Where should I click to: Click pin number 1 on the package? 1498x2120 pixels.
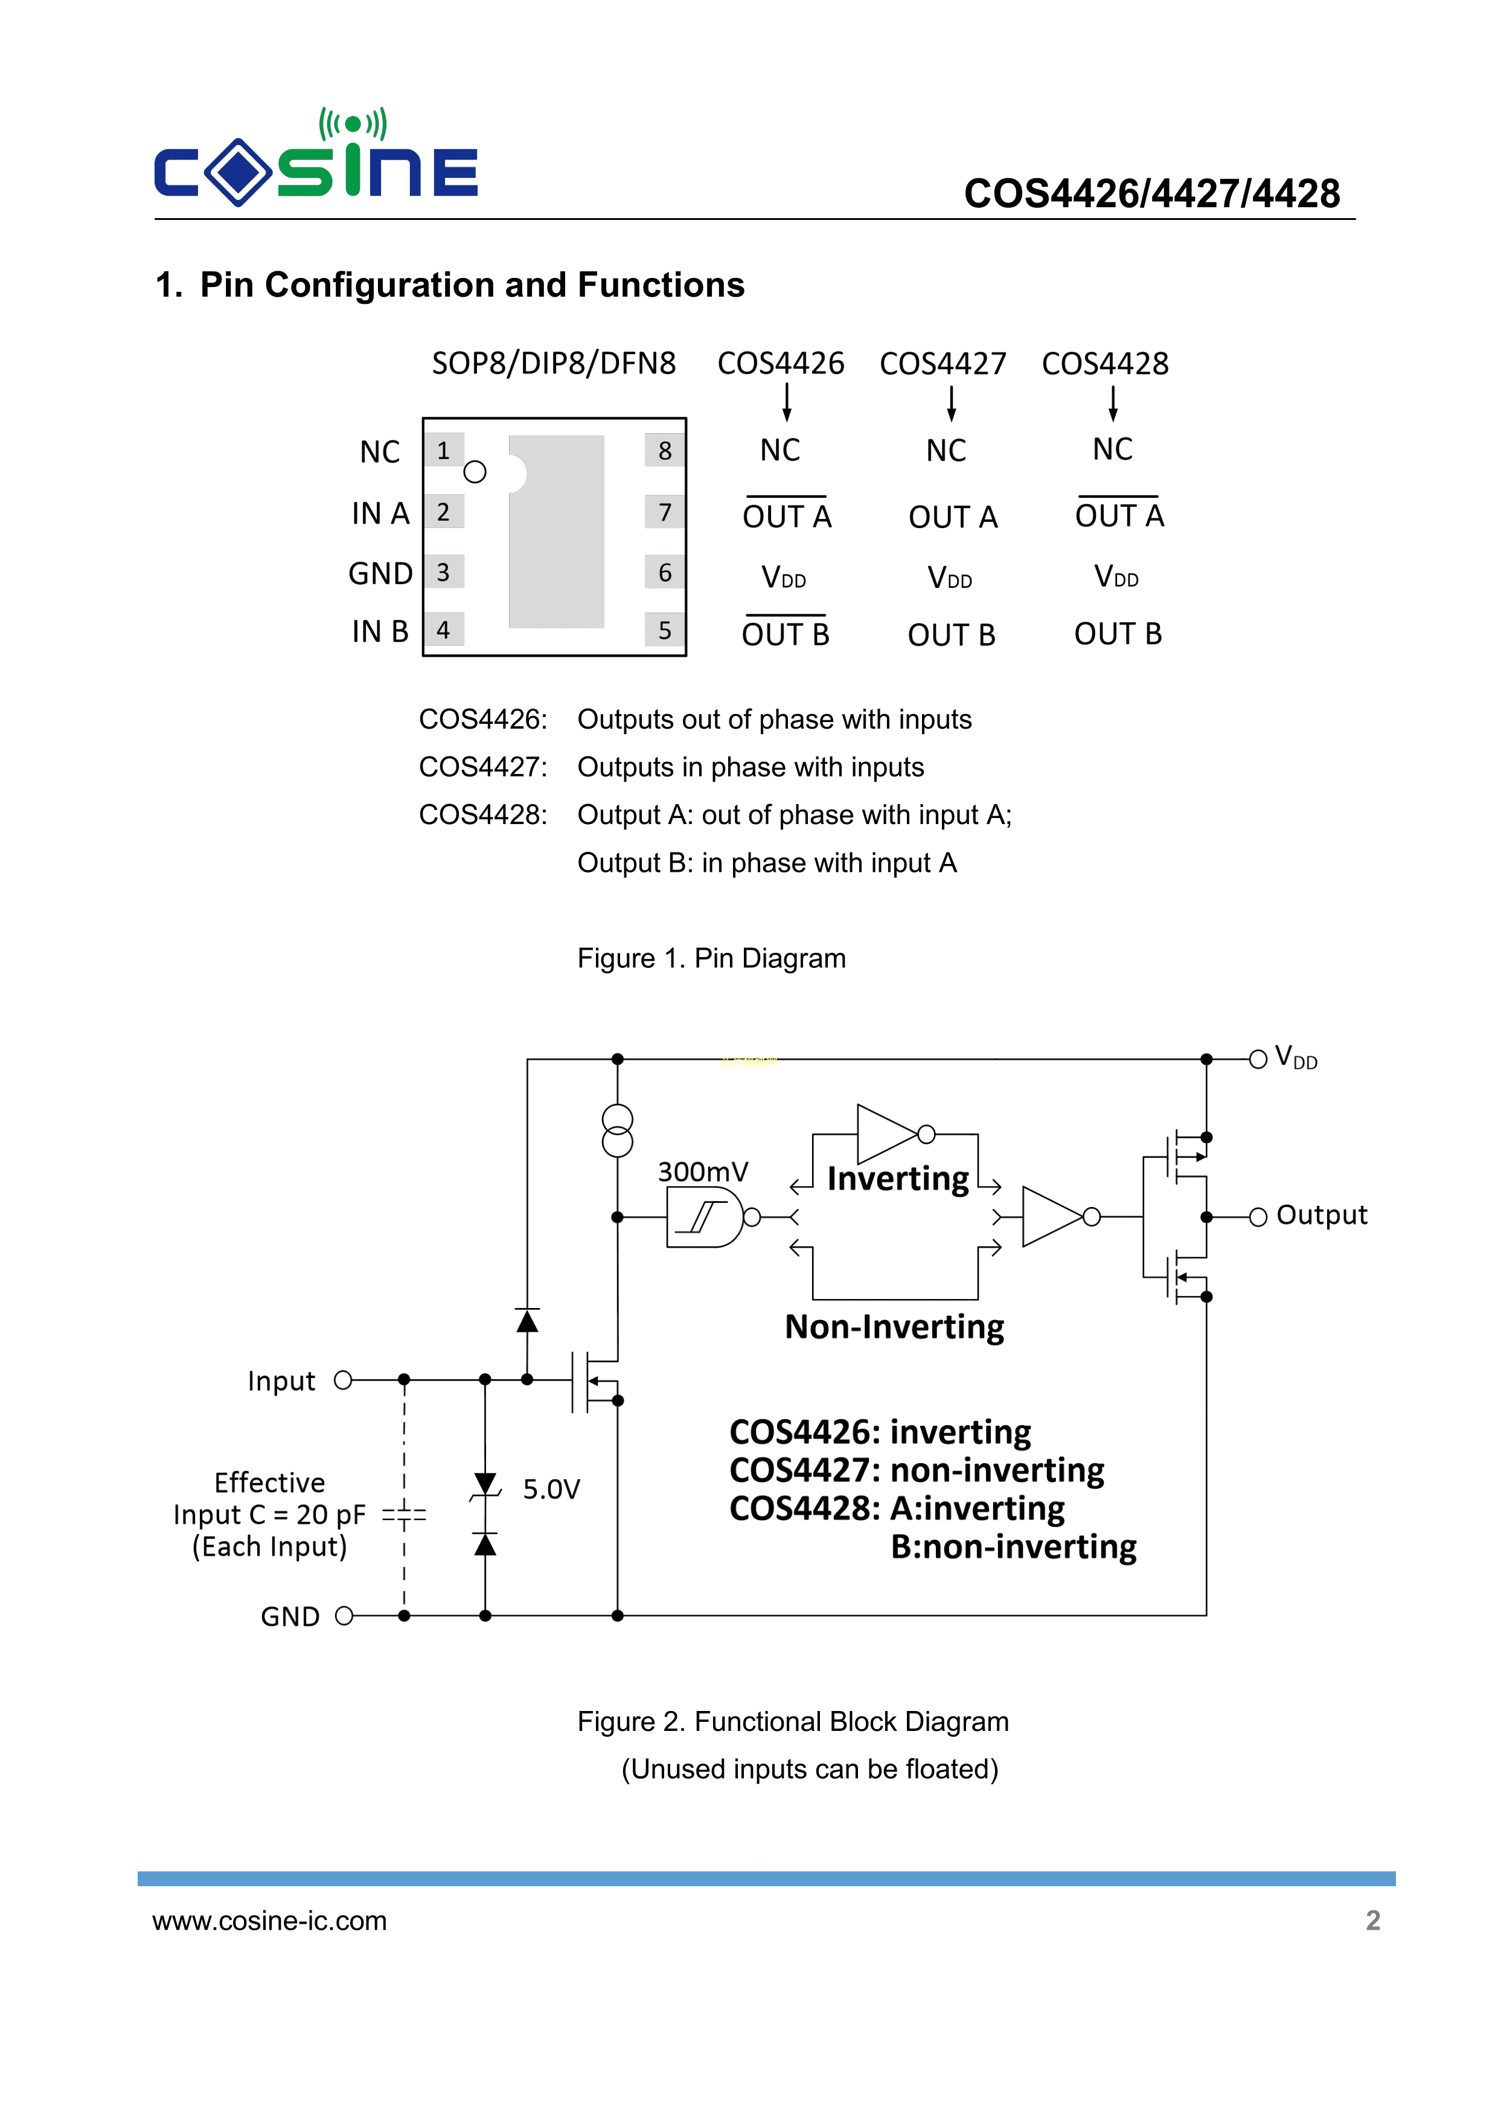click(x=443, y=451)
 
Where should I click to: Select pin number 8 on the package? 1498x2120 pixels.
click(x=665, y=451)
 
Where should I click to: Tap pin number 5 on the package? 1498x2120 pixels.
click(x=665, y=631)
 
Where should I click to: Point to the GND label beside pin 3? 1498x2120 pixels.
click(x=379, y=573)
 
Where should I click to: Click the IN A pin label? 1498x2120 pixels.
click(x=379, y=514)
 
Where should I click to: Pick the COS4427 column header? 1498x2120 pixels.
click(x=943, y=364)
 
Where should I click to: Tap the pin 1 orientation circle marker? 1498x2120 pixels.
click(x=475, y=472)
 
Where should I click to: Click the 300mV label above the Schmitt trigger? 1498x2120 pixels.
click(x=702, y=1171)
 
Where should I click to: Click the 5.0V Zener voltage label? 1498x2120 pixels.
click(x=551, y=1489)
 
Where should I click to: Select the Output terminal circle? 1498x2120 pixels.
click(x=1257, y=1217)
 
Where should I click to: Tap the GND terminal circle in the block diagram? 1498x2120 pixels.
click(x=344, y=1616)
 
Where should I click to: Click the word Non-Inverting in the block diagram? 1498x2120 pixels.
click(x=894, y=1327)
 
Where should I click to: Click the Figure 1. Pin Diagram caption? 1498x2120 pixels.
click(x=711, y=958)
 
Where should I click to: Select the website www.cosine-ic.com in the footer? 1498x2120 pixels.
click(x=269, y=1921)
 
